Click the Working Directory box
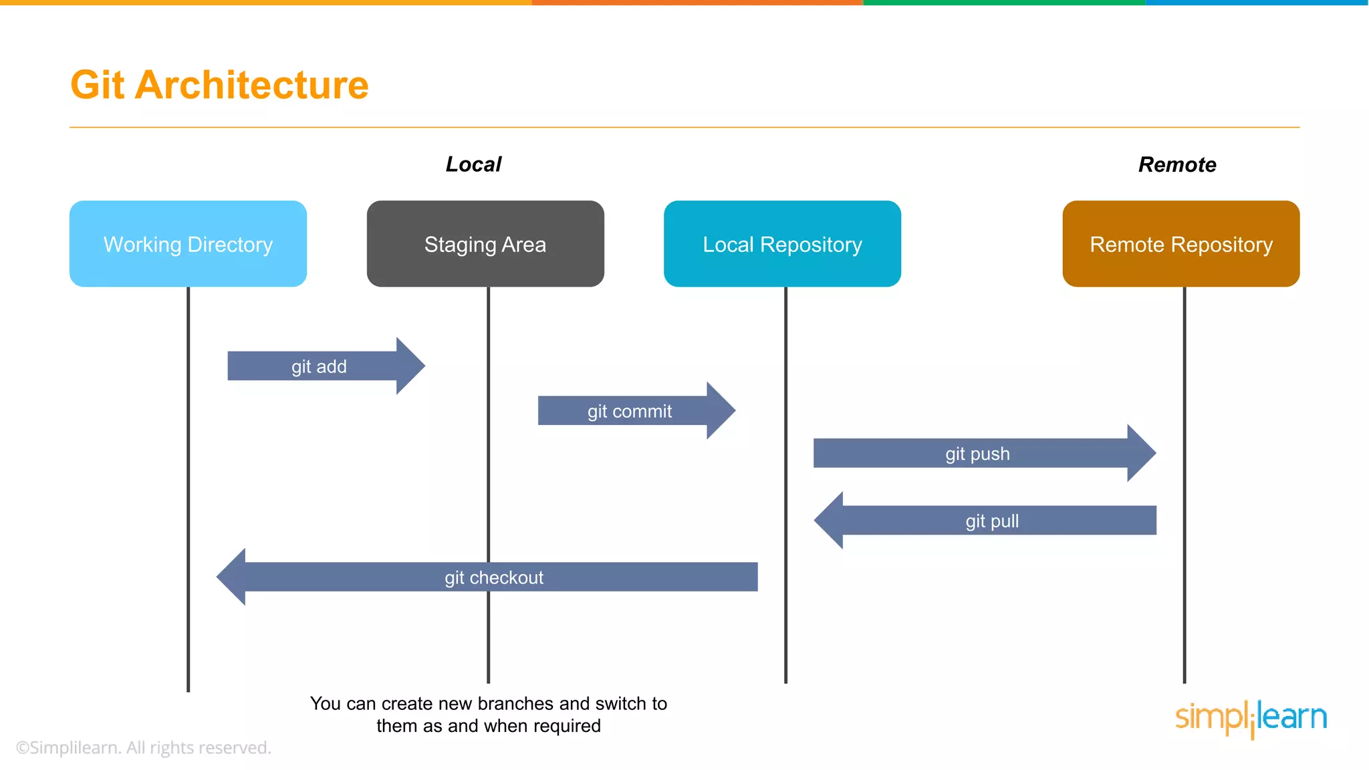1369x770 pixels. [x=188, y=244]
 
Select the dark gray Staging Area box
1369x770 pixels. [x=485, y=244]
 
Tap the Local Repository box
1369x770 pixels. [x=782, y=244]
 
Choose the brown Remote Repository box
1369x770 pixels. [x=1181, y=244]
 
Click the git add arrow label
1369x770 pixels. [x=319, y=366]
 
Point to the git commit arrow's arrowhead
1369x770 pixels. [x=721, y=410]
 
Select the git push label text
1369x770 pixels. [x=977, y=454]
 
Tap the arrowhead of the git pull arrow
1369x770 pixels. [x=828, y=521]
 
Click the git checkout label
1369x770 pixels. [x=494, y=577]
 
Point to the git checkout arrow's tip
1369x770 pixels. [x=217, y=577]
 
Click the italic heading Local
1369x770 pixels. [x=473, y=164]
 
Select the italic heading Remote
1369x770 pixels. [x=1177, y=164]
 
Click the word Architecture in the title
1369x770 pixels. [x=252, y=85]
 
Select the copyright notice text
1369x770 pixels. [x=143, y=747]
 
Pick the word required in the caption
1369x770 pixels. [x=567, y=726]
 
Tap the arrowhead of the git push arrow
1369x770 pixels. [x=1142, y=453]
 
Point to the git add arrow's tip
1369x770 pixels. [x=425, y=366]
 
